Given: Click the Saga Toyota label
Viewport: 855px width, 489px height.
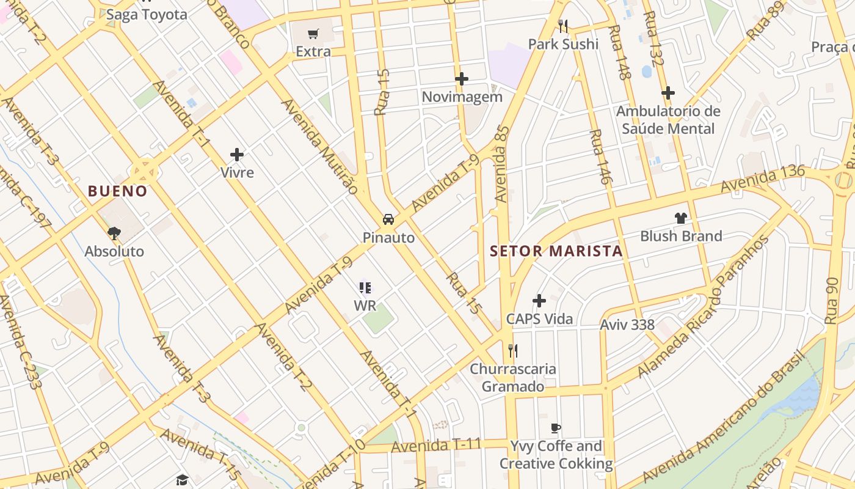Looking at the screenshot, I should tap(147, 15).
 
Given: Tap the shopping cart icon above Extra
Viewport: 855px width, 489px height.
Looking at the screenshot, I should tap(313, 34).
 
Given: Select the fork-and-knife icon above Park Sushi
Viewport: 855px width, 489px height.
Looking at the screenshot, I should tap(563, 26).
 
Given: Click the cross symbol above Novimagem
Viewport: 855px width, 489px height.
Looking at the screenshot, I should tap(462, 79).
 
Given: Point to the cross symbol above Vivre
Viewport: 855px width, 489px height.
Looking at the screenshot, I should tap(237, 155).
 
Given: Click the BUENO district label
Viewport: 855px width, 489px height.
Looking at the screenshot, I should tap(118, 191).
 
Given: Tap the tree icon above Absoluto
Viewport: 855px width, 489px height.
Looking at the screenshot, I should tap(114, 233).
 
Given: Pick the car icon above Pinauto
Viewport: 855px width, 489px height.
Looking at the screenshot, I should tap(388, 219).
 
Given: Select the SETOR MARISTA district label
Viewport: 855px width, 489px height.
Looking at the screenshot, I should tap(556, 251).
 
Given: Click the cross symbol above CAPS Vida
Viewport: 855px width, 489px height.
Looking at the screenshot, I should tap(539, 301).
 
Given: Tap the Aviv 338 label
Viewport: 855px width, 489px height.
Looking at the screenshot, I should tap(627, 325).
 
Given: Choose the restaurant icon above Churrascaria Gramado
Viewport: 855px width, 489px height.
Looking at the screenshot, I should tap(513, 351).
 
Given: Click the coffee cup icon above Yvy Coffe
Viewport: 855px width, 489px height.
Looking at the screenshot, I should tap(556, 428).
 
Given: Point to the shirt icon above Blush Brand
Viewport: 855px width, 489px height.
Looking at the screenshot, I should tap(681, 218).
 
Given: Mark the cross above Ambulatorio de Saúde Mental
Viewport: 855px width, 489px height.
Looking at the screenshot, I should tap(668, 94).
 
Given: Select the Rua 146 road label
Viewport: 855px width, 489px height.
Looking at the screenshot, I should tap(600, 156).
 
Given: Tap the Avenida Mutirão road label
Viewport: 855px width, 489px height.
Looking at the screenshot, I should tap(319, 146).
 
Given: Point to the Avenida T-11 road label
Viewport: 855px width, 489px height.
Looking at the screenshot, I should tap(436, 446).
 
